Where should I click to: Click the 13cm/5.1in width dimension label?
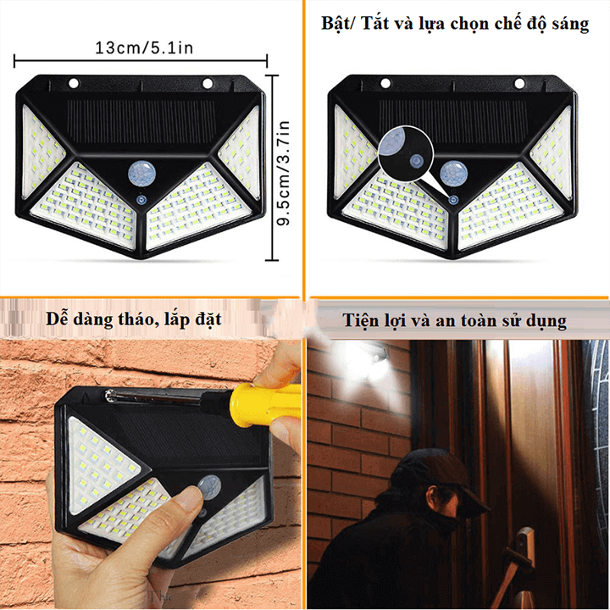144,47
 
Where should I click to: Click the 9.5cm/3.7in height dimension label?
284,173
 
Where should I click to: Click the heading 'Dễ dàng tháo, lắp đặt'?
134,319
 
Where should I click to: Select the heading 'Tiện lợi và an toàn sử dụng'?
454,321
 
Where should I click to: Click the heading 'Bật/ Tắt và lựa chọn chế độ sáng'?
455,24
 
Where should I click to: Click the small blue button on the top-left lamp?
141,200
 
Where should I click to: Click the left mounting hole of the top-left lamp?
74,83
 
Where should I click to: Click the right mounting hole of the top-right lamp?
519,83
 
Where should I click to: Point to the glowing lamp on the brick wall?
380,360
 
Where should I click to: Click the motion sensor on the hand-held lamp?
209,487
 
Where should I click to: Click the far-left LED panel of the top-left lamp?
42,152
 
